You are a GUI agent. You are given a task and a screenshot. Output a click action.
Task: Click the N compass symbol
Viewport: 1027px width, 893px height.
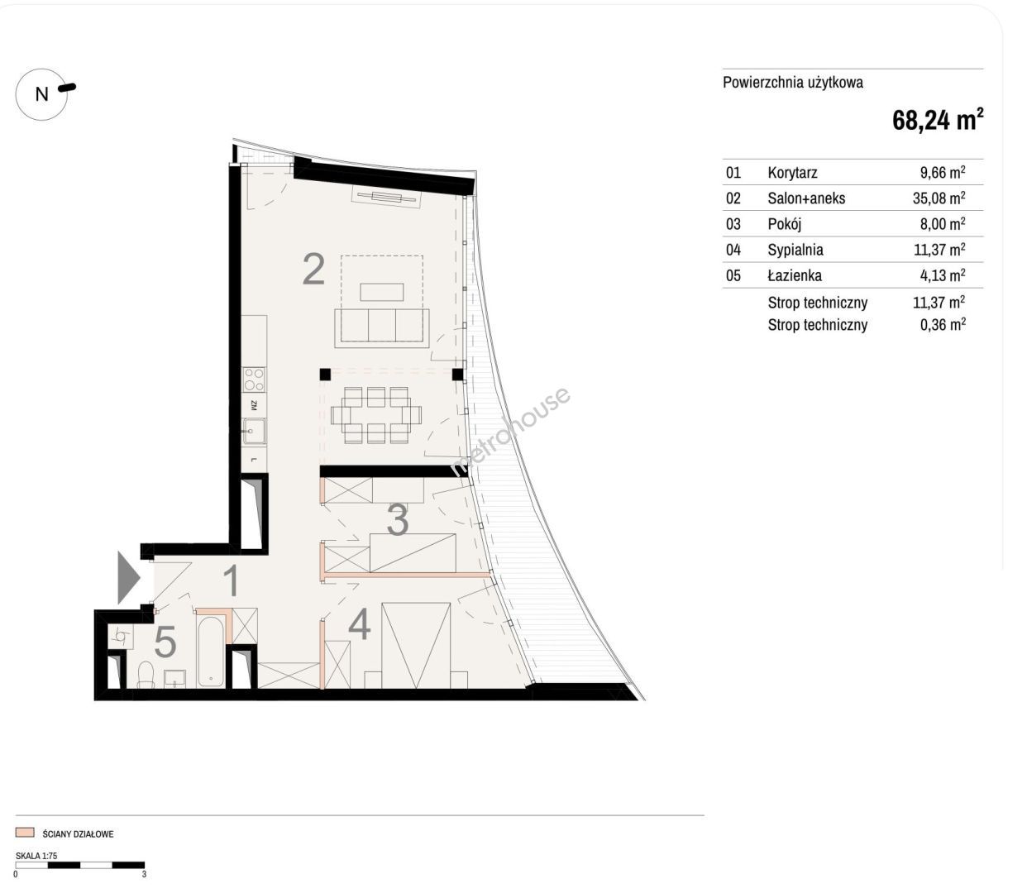pyautogui.click(x=41, y=94)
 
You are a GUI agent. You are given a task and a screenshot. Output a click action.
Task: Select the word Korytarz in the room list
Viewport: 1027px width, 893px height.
pyautogui.click(x=792, y=173)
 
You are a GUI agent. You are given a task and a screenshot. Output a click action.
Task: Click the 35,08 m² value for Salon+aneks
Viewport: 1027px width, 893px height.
pyautogui.click(x=939, y=198)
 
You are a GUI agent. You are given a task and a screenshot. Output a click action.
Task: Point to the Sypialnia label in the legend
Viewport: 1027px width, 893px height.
pyautogui.click(x=795, y=250)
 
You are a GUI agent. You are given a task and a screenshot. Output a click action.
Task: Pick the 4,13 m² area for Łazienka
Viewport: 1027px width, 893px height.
pyautogui.click(x=943, y=275)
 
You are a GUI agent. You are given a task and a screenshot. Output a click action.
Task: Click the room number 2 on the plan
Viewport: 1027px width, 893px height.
pyautogui.click(x=313, y=270)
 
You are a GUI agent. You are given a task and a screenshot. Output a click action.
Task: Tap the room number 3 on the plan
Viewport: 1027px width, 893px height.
pyautogui.click(x=398, y=520)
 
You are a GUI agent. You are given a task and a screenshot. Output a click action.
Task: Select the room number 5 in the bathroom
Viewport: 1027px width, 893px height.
pyautogui.click(x=165, y=641)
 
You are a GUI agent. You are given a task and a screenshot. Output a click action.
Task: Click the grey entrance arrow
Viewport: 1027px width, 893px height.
pyautogui.click(x=128, y=577)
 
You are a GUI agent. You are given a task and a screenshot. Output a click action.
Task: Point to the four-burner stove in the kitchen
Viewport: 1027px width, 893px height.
pyautogui.click(x=254, y=380)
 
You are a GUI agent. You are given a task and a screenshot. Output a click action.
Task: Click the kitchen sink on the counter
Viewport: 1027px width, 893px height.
pyautogui.click(x=254, y=431)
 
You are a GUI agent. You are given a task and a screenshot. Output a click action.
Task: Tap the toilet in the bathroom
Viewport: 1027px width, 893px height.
pyautogui.click(x=146, y=674)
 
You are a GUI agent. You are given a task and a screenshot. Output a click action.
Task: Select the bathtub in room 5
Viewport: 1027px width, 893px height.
pyautogui.click(x=210, y=652)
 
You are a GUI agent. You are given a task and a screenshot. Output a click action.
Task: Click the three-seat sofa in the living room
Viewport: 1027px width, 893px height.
pyautogui.click(x=382, y=327)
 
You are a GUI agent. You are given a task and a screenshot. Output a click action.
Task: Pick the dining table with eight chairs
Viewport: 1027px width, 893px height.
pyautogui.click(x=376, y=415)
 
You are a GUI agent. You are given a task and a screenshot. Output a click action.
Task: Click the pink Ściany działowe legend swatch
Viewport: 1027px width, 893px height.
pyautogui.click(x=25, y=833)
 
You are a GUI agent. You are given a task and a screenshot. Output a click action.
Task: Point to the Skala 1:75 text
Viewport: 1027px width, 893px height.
pyautogui.click(x=36, y=856)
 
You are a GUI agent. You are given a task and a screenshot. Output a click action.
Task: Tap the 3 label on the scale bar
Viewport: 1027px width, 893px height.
pyautogui.click(x=144, y=874)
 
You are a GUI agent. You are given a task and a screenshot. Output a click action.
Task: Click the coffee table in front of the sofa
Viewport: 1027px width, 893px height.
pyautogui.click(x=382, y=292)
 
